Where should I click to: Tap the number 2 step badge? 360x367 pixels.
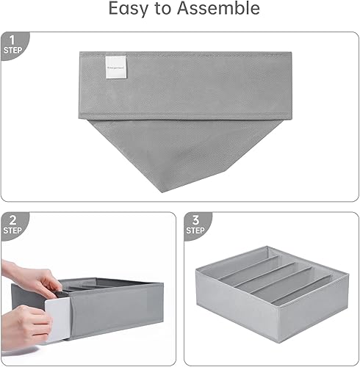(12, 220)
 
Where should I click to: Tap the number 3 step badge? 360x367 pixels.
(196, 220)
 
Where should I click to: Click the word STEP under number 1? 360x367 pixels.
(12, 49)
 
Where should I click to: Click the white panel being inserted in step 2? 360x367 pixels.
(57, 322)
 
